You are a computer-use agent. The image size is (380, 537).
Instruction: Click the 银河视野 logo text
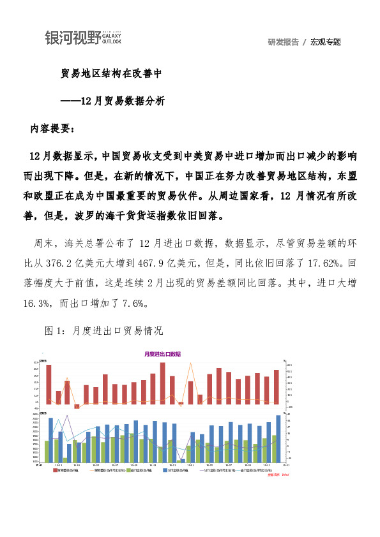point(72,38)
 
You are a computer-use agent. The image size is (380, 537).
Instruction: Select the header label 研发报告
point(284,42)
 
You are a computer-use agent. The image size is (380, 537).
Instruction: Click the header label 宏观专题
point(326,42)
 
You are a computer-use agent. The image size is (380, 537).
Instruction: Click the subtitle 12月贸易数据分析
point(123,100)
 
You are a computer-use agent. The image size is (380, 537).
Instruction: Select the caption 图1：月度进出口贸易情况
point(104,331)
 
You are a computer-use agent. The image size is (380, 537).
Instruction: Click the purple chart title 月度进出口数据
point(162,353)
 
